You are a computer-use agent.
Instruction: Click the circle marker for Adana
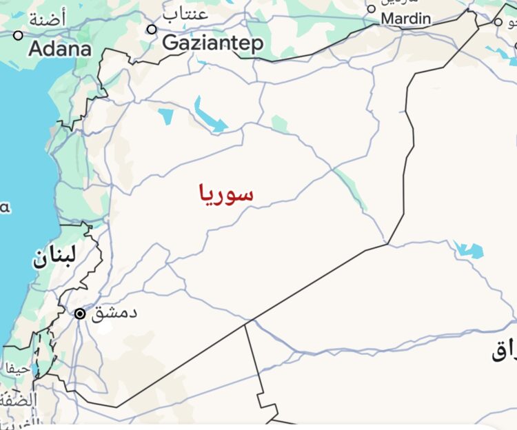point(18,35)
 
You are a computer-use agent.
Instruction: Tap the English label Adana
point(60,50)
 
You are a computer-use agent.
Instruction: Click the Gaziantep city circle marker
point(152,29)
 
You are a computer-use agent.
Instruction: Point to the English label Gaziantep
point(212,44)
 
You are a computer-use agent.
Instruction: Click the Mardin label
point(406,19)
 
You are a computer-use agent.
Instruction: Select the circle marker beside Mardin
point(372,9)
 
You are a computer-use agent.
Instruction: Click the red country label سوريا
point(226,194)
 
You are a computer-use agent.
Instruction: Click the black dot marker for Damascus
point(80,314)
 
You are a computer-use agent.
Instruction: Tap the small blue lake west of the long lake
point(166,115)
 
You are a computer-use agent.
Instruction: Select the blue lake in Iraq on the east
point(469,249)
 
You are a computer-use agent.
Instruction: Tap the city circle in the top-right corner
point(498,22)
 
